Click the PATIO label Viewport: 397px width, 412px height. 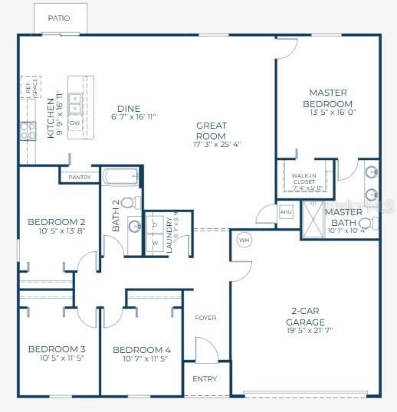[x=58, y=18]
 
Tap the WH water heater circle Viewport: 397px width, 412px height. [x=244, y=239]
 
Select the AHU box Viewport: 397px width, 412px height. [x=286, y=212]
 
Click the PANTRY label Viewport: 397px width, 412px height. [x=79, y=178]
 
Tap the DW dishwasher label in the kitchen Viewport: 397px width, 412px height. [x=75, y=123]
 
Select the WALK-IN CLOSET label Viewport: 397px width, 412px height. [x=304, y=180]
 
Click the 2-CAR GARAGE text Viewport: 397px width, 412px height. [x=306, y=317]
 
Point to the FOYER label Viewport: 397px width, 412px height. [x=205, y=318]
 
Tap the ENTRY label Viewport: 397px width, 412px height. [x=205, y=379]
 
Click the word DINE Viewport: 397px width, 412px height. [x=127, y=108]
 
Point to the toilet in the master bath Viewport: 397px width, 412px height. [x=366, y=224]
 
